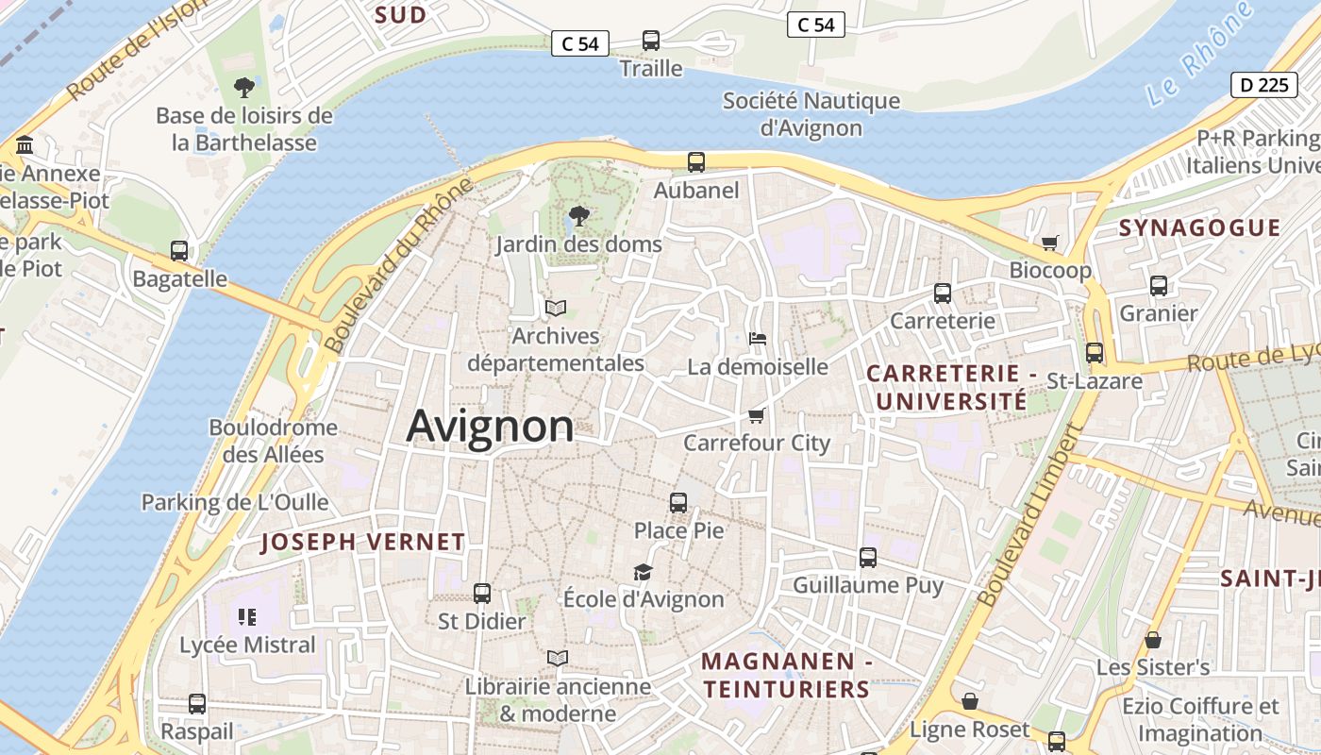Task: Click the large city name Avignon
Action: (x=490, y=427)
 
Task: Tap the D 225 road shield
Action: (x=1262, y=85)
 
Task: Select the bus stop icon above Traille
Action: (x=651, y=41)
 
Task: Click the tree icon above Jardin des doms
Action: (x=579, y=217)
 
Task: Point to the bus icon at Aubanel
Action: (x=696, y=162)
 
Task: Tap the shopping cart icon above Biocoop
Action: (x=1049, y=243)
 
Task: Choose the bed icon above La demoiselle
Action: (x=757, y=339)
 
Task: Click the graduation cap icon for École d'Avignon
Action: (x=643, y=572)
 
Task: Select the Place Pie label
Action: (x=678, y=530)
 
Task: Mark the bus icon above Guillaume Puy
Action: (x=868, y=558)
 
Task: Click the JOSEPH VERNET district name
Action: (x=362, y=542)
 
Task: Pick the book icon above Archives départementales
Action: (x=556, y=308)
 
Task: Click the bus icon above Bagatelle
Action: (x=179, y=251)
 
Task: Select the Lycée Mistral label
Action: (x=248, y=645)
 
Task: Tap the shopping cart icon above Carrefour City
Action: (x=756, y=415)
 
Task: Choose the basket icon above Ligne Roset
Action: (x=969, y=701)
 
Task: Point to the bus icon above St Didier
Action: (x=482, y=594)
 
